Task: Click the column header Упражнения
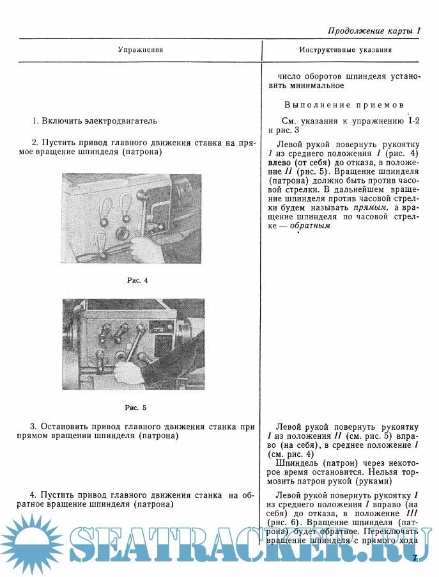point(141,49)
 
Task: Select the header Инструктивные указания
point(345,49)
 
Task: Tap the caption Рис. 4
point(137,280)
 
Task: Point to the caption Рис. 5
point(135,407)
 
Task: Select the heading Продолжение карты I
point(374,31)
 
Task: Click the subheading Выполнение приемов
point(344,104)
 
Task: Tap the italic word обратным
point(310,226)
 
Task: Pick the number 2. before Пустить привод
point(35,143)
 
